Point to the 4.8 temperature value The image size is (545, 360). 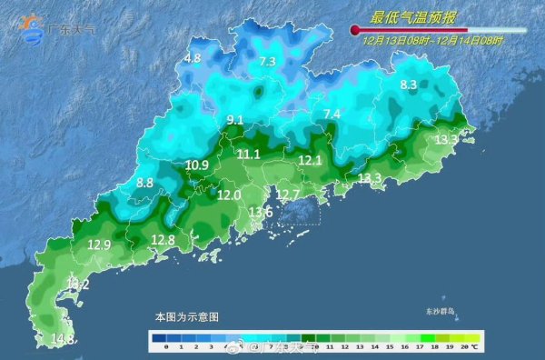pyautogui.click(x=192, y=58)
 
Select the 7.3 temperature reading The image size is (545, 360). pyautogui.click(x=267, y=62)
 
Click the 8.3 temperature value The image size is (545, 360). pyautogui.click(x=408, y=85)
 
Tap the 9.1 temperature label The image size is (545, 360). pyautogui.click(x=235, y=120)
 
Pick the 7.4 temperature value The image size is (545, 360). pyautogui.click(x=332, y=114)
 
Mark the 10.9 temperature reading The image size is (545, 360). pyautogui.click(x=196, y=165)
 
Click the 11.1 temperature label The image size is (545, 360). pyautogui.click(x=248, y=155)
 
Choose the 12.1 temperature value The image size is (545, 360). pyautogui.click(x=311, y=160)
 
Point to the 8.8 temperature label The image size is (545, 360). pyautogui.click(x=144, y=183)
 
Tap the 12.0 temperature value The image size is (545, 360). pyautogui.click(x=229, y=195)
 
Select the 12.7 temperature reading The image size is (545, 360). pyautogui.click(x=288, y=195)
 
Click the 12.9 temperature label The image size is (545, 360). pyautogui.click(x=99, y=245)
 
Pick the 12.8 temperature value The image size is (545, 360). pyautogui.click(x=163, y=240)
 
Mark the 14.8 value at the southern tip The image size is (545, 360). pyautogui.click(x=62, y=339)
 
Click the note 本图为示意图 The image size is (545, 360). pyautogui.click(x=187, y=317)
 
